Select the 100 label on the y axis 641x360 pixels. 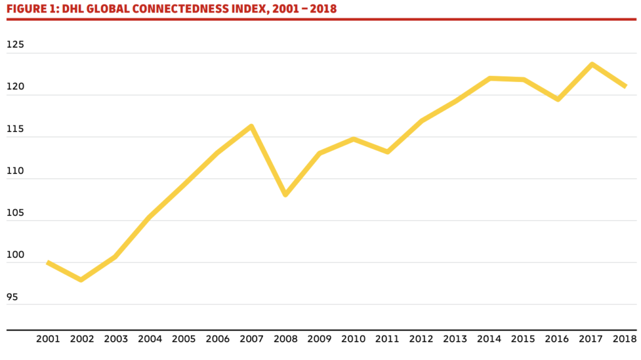pos(15,255)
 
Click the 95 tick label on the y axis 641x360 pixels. pos(13,297)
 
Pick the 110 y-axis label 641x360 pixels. pos(15,171)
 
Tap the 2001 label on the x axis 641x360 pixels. pos(48,339)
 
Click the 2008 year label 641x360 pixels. pos(285,339)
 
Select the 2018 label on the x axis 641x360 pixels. pos(625,339)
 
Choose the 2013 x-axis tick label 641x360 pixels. pos(455,339)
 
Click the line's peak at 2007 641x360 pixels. pos(251,126)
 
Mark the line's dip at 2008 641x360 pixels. pos(285,195)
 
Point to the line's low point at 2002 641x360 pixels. pos(81,280)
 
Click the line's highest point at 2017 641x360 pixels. pos(592,64)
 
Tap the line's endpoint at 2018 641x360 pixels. pos(625,86)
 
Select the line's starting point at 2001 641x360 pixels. pos(48,263)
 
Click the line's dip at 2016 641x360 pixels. pos(558,100)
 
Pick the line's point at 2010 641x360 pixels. pos(354,139)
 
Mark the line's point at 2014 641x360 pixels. pos(490,78)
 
